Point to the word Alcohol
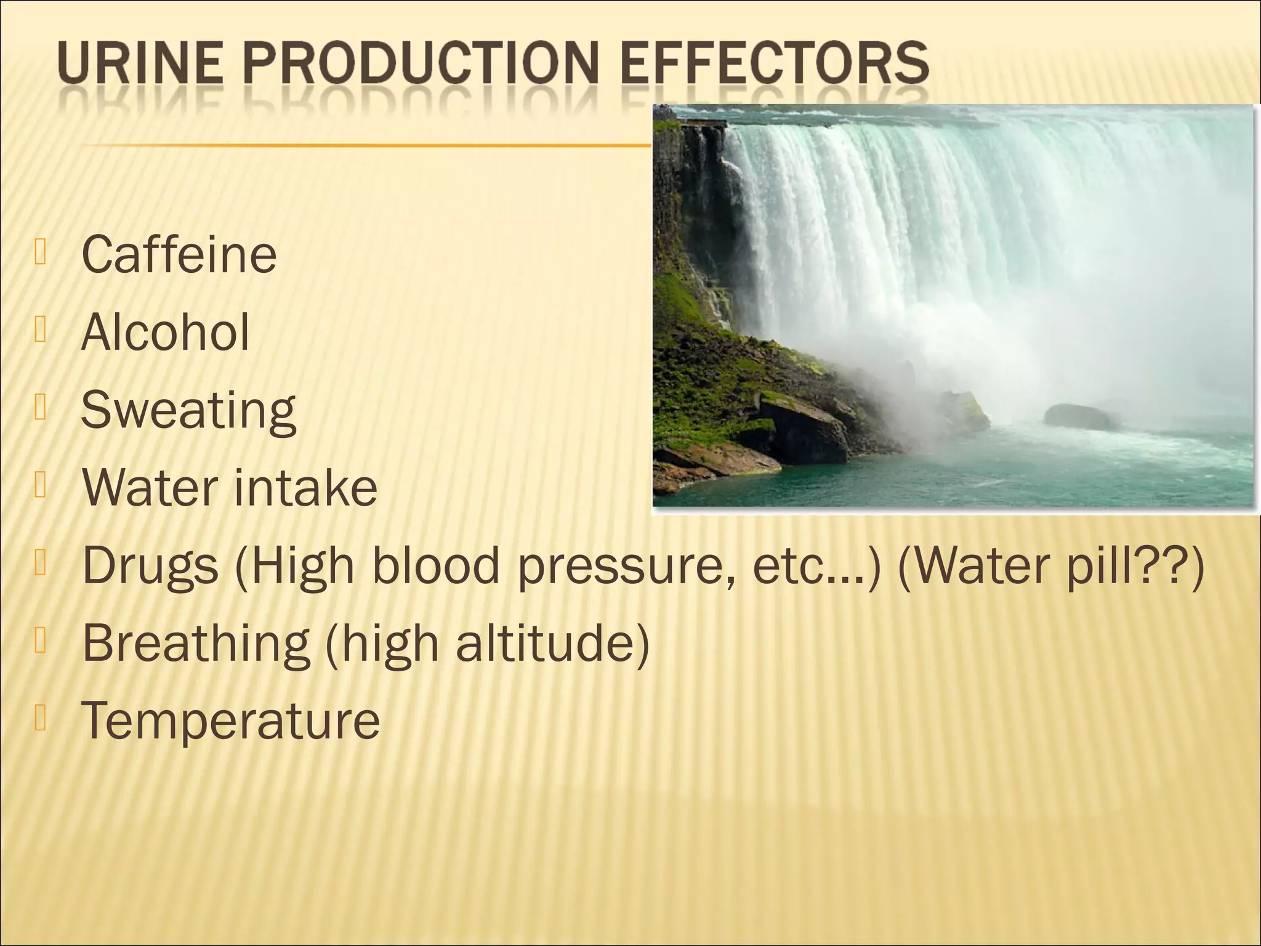(165, 333)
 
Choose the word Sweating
(188, 411)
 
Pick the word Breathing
(196, 643)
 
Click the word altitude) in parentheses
(552, 643)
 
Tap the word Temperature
(230, 721)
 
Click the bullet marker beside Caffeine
(41, 253)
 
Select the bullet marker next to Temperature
(41, 718)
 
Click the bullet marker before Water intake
(41, 485)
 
